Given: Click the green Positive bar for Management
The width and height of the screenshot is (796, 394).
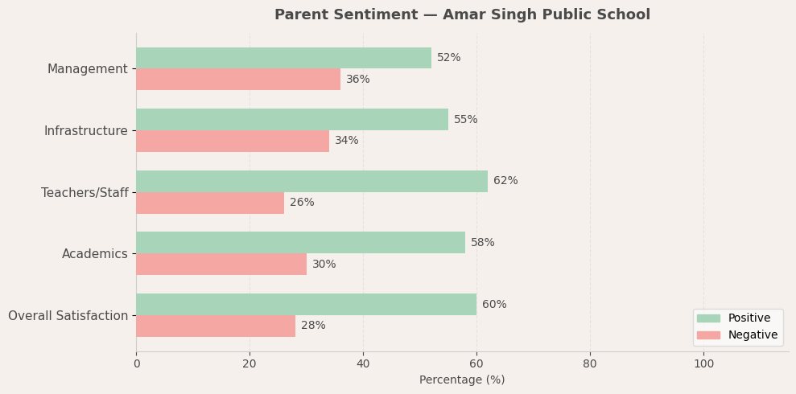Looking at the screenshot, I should (283, 58).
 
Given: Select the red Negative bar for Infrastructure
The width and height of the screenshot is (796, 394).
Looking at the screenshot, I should (233, 141).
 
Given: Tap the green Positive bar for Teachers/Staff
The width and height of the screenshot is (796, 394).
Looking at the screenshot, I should (311, 181).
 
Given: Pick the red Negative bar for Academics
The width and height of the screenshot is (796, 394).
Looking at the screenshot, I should (221, 265).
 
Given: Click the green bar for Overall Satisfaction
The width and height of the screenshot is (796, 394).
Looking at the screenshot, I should (306, 305).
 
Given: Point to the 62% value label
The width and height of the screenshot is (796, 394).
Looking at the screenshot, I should (505, 181).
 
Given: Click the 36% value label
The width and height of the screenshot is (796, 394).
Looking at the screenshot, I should (358, 80).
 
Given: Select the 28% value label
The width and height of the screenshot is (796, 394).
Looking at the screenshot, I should (313, 326).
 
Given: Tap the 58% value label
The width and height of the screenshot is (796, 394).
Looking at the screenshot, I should (483, 243).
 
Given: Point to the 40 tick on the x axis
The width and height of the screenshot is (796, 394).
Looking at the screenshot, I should (363, 363).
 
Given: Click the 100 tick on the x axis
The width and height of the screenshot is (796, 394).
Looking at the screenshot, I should (703, 363).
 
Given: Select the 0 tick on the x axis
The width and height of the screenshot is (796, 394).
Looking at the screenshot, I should (136, 363).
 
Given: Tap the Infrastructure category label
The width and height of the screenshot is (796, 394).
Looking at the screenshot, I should (85, 130).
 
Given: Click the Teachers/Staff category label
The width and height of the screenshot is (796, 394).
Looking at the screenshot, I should (85, 192).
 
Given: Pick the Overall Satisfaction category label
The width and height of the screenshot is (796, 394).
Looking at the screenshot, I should (68, 315).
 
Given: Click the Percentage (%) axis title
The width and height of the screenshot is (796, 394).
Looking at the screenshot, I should (462, 380).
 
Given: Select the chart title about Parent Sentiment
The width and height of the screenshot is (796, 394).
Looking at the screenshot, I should (462, 14).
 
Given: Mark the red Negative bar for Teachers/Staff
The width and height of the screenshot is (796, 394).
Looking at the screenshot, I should (210, 203).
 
